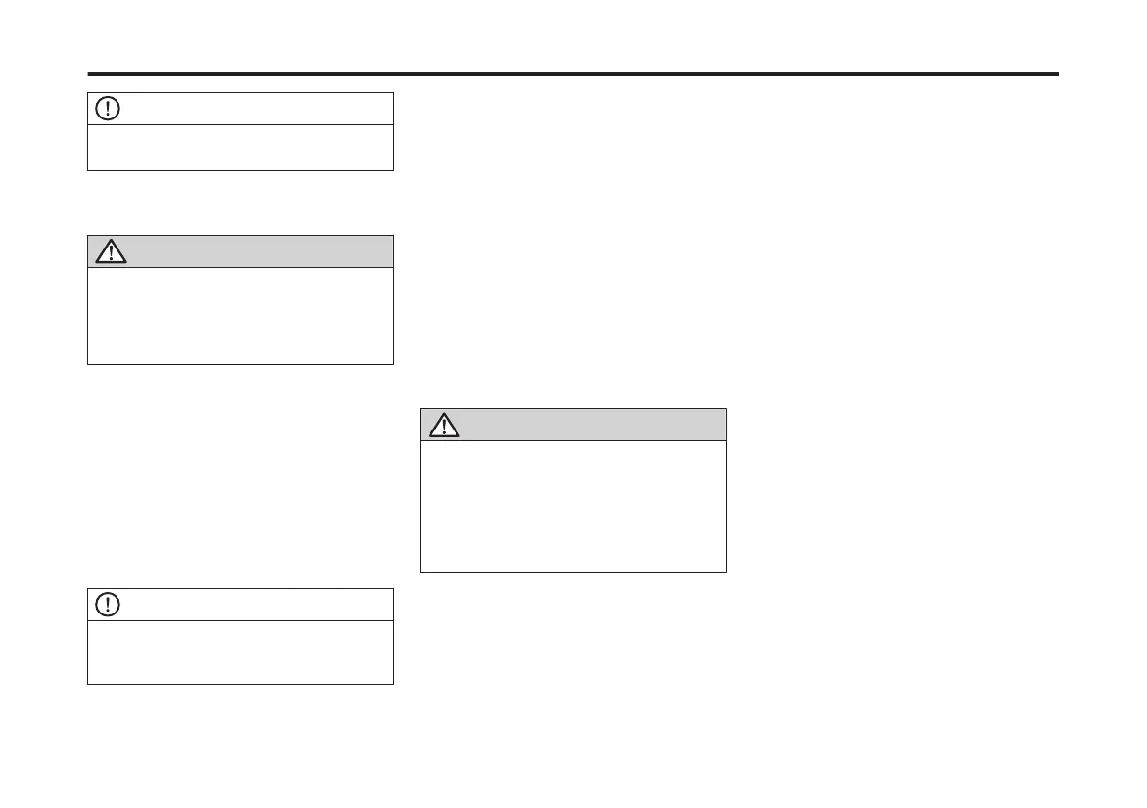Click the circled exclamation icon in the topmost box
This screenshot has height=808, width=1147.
click(x=109, y=109)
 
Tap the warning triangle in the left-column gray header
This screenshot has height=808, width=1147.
click(x=113, y=252)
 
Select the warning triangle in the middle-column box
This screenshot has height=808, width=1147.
click(x=444, y=426)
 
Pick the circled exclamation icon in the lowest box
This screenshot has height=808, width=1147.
click(x=109, y=605)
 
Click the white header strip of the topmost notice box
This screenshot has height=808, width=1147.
click(x=250, y=109)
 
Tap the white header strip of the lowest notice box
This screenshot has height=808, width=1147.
click(x=250, y=605)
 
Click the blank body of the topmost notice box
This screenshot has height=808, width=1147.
click(x=240, y=147)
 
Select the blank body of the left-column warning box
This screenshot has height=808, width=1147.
click(x=240, y=315)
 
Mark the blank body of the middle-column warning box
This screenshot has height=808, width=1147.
click(x=573, y=507)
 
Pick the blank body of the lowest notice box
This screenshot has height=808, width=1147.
click(x=240, y=652)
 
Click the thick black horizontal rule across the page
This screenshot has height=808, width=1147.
click(x=573, y=74)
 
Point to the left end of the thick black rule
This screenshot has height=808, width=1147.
click(x=90, y=74)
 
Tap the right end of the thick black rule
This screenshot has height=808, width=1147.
click(x=1057, y=74)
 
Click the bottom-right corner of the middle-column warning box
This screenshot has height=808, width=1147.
click(x=726, y=572)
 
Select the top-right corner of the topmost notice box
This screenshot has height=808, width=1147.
click(x=393, y=93)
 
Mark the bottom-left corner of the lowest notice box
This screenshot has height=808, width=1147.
click(x=88, y=684)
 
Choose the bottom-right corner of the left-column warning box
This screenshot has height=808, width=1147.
click(x=393, y=363)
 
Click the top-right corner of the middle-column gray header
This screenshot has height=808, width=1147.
click(x=726, y=409)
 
